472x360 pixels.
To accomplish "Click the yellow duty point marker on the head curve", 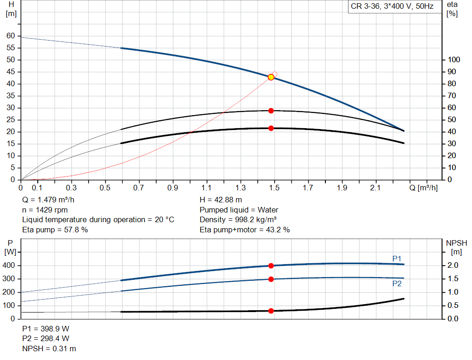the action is [271, 77].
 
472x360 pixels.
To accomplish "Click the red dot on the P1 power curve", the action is [271, 266].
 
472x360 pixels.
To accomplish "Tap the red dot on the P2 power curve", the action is [271, 279].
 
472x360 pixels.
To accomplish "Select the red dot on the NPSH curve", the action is [271, 311].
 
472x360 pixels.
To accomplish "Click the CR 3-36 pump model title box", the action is [392, 6].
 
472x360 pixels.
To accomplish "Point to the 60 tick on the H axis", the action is [11, 36].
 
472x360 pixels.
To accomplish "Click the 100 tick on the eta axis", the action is [454, 59].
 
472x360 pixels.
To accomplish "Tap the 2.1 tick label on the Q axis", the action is [375, 188].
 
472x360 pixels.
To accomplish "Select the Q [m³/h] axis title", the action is [424, 188].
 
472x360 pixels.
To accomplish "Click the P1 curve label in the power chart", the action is [397, 259].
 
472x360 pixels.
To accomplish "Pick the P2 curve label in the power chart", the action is [397, 283].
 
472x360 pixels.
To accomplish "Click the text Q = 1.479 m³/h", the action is [48, 200].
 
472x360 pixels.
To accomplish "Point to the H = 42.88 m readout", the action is [221, 200].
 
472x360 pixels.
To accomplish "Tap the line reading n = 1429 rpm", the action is [45, 210].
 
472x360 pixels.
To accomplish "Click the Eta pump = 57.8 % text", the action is [55, 230].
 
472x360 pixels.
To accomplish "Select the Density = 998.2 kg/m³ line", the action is [238, 220].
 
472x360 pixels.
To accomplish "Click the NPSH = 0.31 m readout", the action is [49, 348].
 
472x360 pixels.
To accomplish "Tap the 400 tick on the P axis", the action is [8, 266].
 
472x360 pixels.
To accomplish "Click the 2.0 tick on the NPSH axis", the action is [453, 265].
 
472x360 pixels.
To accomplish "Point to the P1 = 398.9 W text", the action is [46, 329].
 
